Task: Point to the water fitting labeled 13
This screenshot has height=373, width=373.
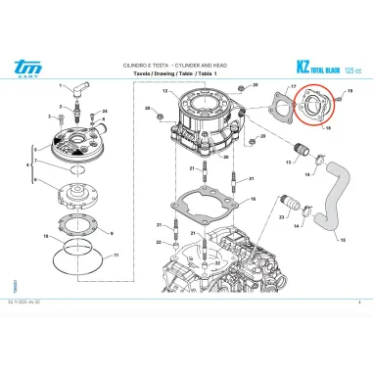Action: pyautogui.click(x=291, y=158)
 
